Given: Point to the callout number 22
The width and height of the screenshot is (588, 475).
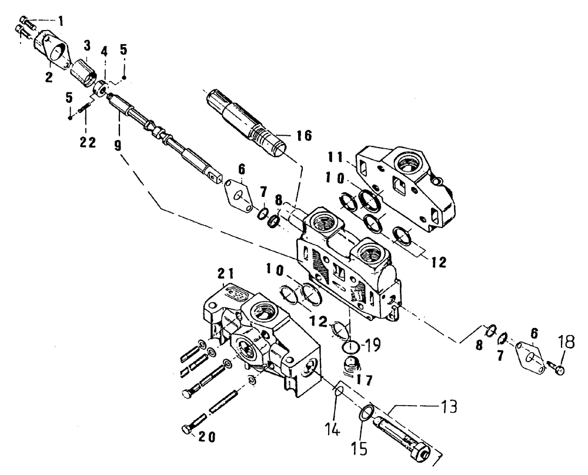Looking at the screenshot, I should [88, 128].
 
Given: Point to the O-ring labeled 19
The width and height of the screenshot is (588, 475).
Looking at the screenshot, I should [351, 344].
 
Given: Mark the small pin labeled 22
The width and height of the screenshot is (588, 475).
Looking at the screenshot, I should [86, 108].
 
